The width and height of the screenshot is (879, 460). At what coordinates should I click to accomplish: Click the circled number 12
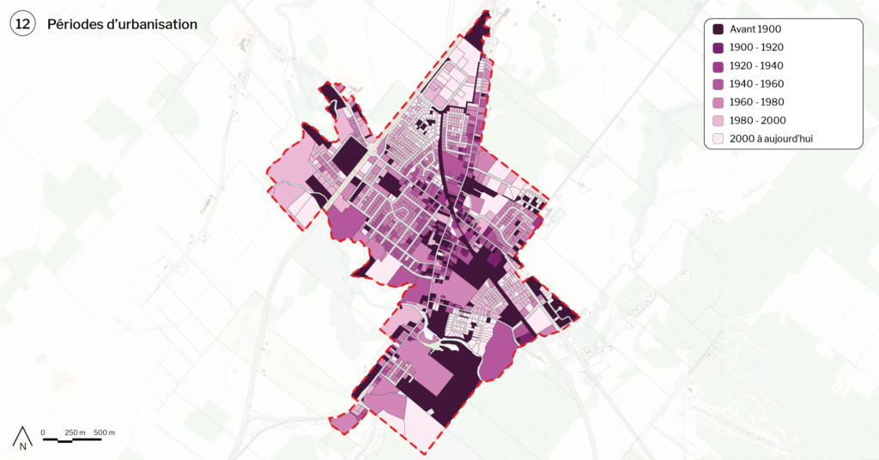(21, 25)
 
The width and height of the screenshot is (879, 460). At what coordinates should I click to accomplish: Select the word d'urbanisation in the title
(155, 25)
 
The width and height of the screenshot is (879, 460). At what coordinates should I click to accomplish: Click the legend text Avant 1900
(756, 29)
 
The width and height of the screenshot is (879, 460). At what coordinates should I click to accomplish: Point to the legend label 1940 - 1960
(757, 84)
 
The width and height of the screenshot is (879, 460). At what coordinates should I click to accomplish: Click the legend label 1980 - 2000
(757, 120)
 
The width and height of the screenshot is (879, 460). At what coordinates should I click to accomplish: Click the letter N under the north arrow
(23, 445)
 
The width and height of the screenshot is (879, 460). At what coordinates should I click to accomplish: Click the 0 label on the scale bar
(43, 432)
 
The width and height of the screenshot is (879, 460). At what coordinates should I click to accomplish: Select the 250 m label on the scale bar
(76, 432)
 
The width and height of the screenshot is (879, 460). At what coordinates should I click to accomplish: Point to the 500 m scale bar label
(104, 432)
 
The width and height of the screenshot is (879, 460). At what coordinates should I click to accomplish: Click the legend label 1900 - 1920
(757, 47)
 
